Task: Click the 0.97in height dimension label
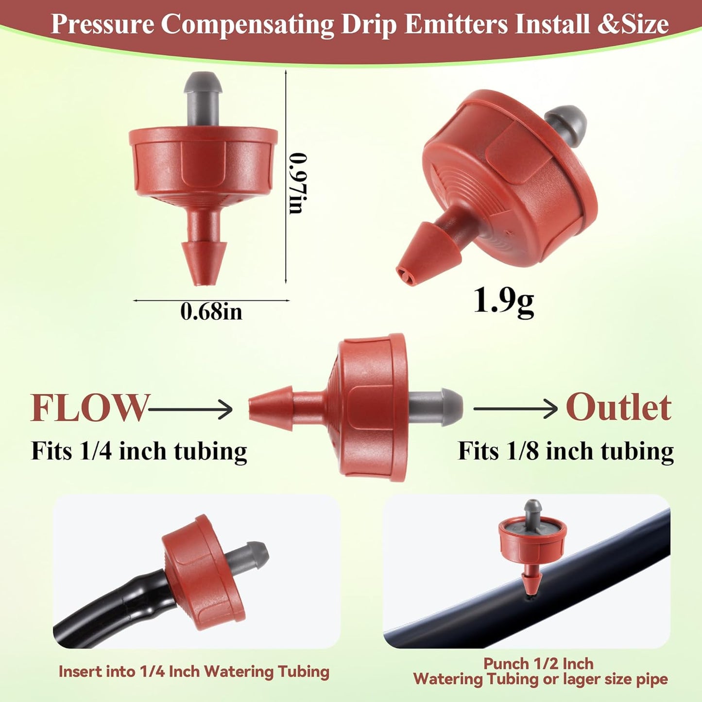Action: coord(298,183)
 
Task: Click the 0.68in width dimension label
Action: coord(211,311)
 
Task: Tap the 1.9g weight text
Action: coord(503,301)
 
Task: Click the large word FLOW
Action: coord(89,408)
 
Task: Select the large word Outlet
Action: coord(618,408)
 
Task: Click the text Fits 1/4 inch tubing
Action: coord(139,451)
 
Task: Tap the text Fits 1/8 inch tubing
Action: coord(566,451)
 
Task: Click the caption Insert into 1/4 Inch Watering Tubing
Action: coord(194,671)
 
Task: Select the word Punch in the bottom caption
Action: coord(506,664)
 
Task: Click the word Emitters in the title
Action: coord(456,24)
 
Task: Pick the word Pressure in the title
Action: coord(103,24)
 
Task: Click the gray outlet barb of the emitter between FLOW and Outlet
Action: coord(435,407)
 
